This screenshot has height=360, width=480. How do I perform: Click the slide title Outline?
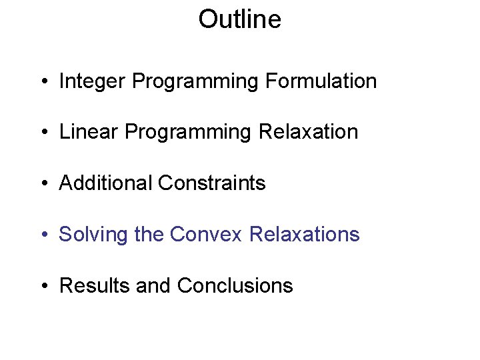pos(239,19)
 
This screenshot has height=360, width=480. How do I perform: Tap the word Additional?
pos(105,183)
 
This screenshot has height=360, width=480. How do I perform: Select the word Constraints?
pos(211,183)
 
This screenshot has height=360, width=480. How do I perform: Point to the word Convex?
pos(206,235)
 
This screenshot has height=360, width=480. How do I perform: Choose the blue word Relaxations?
pos(304,235)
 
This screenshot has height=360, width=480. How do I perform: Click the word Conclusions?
pos(235,286)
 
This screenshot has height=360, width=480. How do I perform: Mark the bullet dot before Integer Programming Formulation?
pos(43,83)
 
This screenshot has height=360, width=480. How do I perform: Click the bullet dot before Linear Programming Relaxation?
pos(43,133)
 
